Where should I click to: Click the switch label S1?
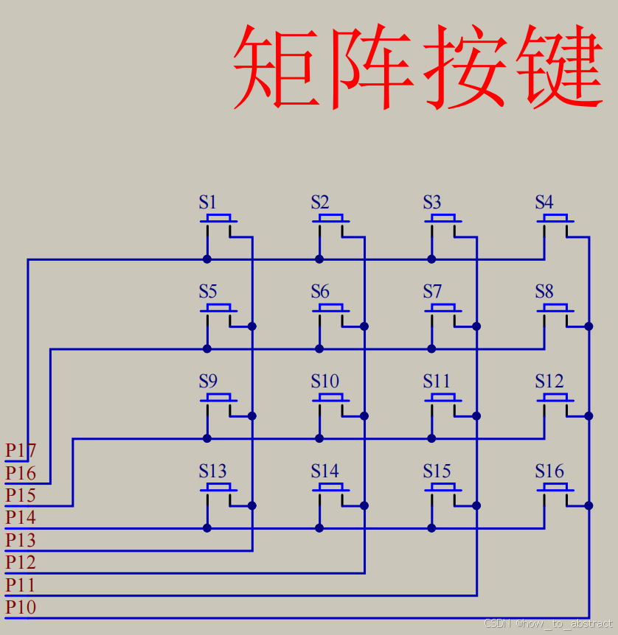coord(208,202)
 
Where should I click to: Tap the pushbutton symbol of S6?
coord(330,309)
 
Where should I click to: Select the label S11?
coord(437,381)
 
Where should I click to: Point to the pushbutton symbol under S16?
coord(555,488)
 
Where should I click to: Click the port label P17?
coord(21,449)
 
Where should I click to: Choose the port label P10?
coord(21,607)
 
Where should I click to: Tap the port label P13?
coord(21,540)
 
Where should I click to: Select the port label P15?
coord(21,495)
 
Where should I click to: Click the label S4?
coord(544,202)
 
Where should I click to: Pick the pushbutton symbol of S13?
coord(218,488)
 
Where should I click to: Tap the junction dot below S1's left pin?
coord(207,259)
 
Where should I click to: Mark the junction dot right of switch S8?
coord(589,326)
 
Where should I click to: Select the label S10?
coord(325,381)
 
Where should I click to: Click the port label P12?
coord(21,562)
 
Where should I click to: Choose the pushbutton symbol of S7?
coord(442,309)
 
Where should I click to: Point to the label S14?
coord(325,471)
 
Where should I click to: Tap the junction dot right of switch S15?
coord(476,505)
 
